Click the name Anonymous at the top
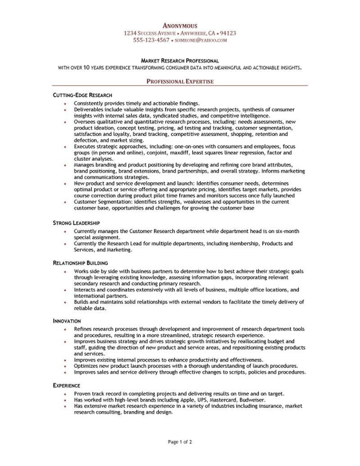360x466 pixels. point(180,26)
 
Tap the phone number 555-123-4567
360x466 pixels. point(151,40)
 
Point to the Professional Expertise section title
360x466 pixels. point(180,81)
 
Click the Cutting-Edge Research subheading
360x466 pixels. point(82,95)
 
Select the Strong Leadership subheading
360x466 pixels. point(76,223)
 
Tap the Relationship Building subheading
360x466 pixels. point(80,262)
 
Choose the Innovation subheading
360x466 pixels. point(67,321)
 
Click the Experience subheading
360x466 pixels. point(67,386)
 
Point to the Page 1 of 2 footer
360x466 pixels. point(180,442)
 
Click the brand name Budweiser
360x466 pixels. point(251,399)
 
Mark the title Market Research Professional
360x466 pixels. point(180,60)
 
